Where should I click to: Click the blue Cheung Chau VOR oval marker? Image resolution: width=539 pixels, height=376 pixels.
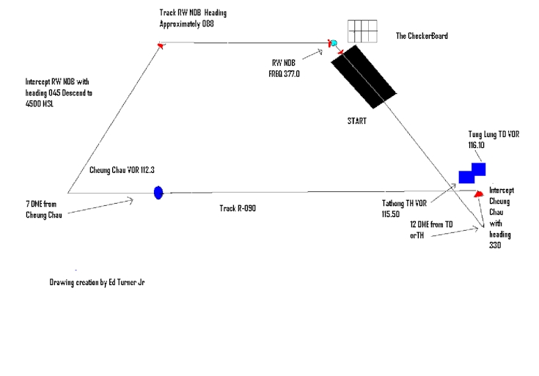click(158, 193)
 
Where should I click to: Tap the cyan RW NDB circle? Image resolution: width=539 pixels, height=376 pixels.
click(334, 44)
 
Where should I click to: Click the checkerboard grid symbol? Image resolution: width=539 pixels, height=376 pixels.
click(362, 32)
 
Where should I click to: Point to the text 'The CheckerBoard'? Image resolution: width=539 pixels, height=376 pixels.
click(422, 35)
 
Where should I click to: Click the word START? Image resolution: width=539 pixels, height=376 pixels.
click(358, 121)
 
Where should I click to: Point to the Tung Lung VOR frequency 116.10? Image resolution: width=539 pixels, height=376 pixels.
click(477, 146)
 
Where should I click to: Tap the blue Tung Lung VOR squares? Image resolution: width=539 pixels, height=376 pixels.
click(472, 173)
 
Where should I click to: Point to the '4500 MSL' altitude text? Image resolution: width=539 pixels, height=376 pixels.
click(45, 104)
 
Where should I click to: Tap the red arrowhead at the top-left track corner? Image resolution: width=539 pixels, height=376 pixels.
click(160, 45)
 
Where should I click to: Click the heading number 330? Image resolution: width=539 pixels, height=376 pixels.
click(496, 246)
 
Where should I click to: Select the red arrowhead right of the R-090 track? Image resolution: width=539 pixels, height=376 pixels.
click(478, 193)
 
